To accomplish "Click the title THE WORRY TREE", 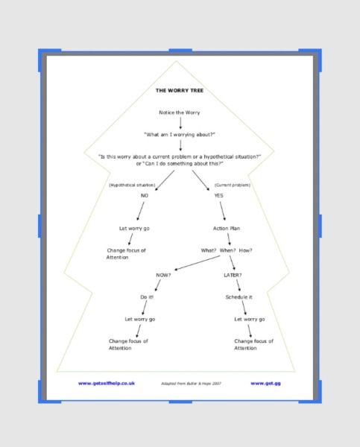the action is (x=180, y=91).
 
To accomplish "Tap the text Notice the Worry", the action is (x=180, y=112).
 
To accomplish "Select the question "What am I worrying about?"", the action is (x=180, y=135).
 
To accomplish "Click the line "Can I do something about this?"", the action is (x=180, y=164).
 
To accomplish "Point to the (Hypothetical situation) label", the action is (x=132, y=185).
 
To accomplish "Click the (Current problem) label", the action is (x=233, y=185).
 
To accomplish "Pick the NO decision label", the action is (x=145, y=195).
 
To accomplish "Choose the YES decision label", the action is (x=219, y=195).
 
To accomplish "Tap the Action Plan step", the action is (x=227, y=229).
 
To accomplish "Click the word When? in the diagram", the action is (x=227, y=250).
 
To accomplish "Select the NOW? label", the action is (x=163, y=275).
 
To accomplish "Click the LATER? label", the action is (x=233, y=275).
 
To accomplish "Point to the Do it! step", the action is (x=147, y=297).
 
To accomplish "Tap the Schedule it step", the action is (x=239, y=297).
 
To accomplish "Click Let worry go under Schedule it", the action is (x=250, y=320).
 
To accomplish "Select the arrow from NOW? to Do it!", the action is (x=158, y=285).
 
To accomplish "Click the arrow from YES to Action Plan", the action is (x=223, y=211).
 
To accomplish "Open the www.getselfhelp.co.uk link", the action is (x=107, y=384).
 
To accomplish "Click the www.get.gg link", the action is (x=265, y=384).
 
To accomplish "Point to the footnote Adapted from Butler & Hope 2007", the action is (x=191, y=384).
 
